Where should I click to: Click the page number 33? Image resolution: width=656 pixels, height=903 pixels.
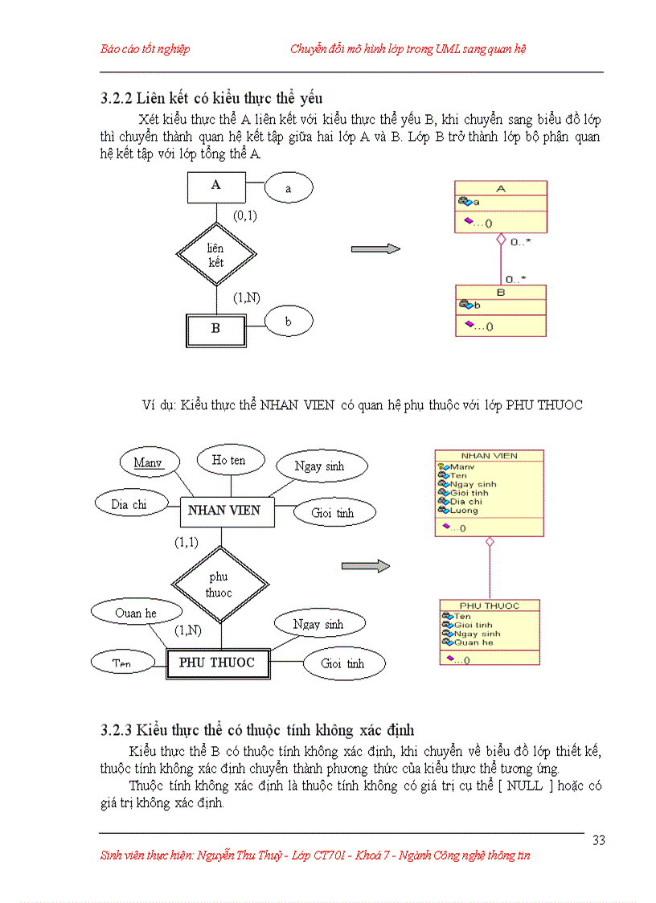598,840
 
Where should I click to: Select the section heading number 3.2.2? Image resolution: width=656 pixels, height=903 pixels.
117,98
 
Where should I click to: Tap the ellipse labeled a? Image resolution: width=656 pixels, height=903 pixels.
288,188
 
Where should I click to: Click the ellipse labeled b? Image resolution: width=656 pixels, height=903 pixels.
289,322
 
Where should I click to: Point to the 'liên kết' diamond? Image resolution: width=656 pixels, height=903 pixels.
215,255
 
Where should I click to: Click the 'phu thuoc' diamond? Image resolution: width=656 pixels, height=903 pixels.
218,585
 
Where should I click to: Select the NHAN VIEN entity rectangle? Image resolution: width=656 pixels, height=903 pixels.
223,511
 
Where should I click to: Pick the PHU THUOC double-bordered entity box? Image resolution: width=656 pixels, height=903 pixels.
216,663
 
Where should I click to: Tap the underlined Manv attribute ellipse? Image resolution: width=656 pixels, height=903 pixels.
148,462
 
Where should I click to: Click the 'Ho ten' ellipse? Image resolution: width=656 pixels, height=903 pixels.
230,460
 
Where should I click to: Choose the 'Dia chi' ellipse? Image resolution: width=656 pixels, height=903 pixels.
129,505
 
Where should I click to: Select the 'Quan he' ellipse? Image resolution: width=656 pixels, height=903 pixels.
135,613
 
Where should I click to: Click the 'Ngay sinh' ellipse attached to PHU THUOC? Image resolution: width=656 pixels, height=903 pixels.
318,624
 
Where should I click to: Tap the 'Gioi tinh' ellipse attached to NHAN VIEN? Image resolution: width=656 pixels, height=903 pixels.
333,512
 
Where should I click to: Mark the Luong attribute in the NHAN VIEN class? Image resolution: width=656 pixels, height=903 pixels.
464,511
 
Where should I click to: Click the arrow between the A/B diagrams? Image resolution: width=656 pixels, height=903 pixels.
375,249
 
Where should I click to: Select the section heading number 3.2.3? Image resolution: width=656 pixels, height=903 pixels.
117,730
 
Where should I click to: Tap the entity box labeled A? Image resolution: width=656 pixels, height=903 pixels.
215,186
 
